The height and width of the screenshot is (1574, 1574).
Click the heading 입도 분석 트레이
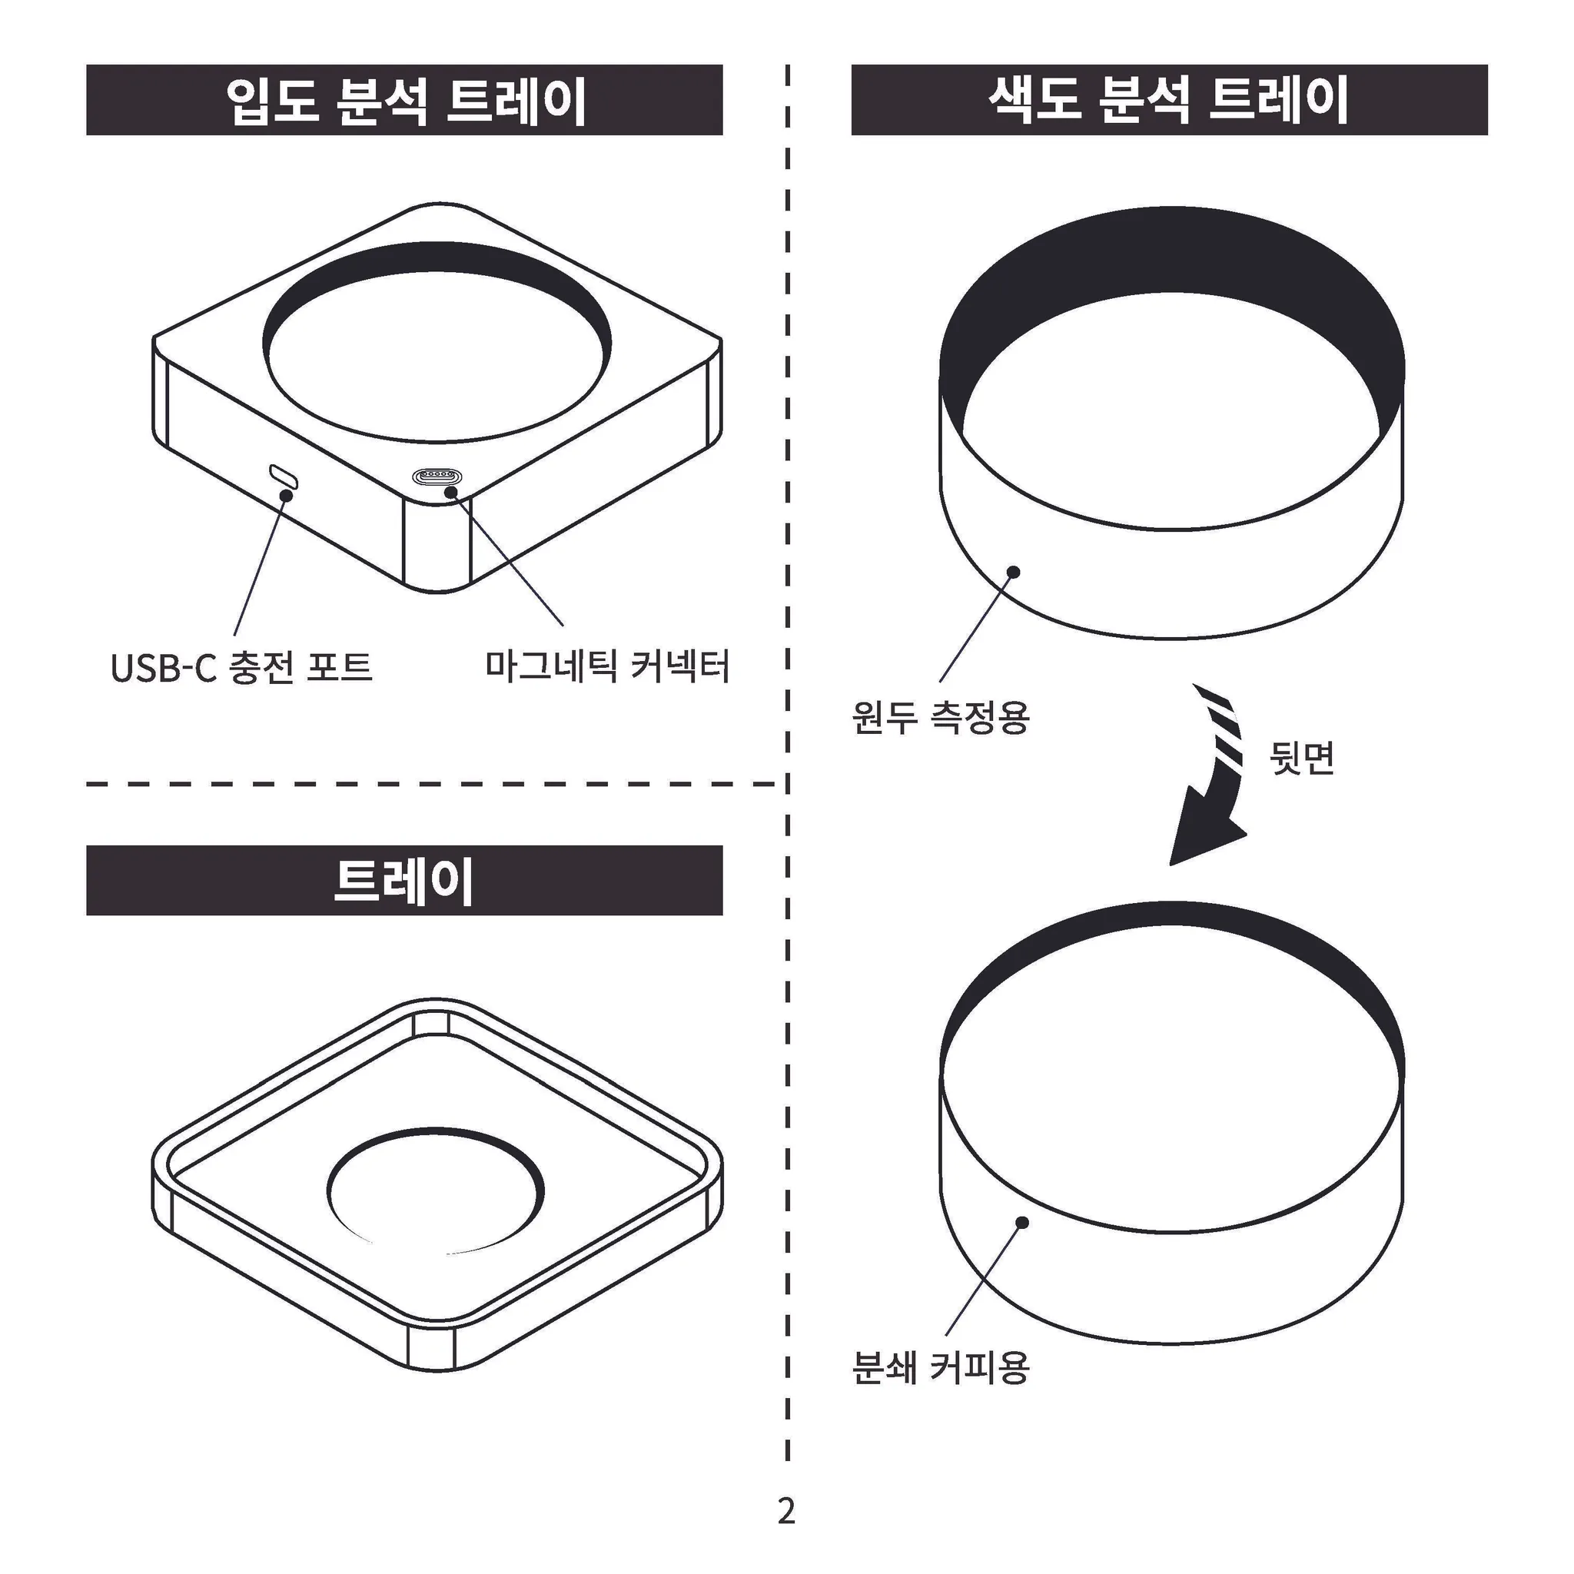coord(405,101)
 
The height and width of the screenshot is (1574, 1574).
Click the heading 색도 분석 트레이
coord(1169,100)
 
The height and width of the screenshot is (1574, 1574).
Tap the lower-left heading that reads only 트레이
coord(404,881)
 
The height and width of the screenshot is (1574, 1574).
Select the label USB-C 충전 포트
coord(241,667)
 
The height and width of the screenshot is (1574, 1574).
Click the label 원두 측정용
coord(941,717)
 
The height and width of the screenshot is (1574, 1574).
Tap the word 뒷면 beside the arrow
coord(1302,758)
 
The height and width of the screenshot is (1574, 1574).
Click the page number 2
coord(786,1510)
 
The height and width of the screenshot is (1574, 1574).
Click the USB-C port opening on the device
coord(284,477)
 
